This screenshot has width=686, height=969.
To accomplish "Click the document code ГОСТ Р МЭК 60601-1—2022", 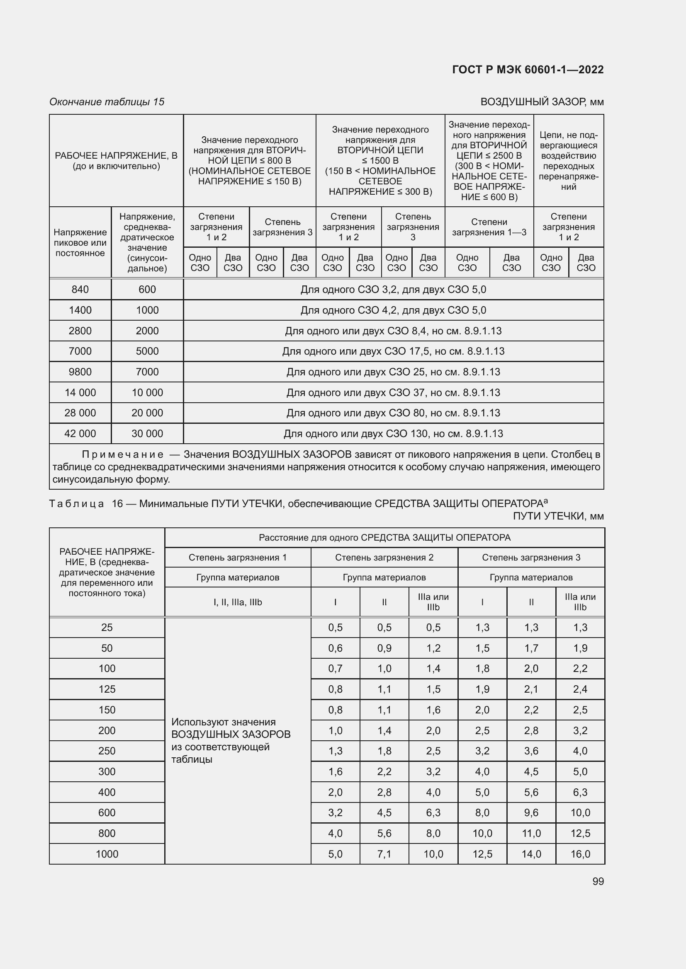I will [528, 70].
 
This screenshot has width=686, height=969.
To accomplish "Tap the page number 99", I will [598, 881].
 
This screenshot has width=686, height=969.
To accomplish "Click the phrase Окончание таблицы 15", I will [107, 102].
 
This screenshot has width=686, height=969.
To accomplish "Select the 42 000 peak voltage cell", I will [80, 433].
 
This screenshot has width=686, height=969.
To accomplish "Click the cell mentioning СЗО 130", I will [393, 433].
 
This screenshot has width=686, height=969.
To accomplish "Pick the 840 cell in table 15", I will [80, 290].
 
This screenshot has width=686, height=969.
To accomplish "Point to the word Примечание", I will [122, 454].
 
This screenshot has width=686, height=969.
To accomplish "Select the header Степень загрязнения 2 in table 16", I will [384, 558].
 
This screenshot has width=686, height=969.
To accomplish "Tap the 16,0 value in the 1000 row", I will [580, 854].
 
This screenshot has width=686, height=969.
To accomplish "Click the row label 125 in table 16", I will [107, 689].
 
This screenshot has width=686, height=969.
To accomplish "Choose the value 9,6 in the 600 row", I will [531, 813].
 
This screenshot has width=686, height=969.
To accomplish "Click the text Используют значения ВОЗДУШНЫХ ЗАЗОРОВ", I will [231, 728].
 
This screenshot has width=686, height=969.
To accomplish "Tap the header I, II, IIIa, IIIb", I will [238, 602].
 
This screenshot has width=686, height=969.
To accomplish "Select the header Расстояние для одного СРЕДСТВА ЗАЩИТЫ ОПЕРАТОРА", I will [384, 538].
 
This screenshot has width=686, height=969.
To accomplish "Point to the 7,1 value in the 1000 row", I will [384, 854].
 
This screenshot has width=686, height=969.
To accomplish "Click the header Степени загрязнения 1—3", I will [489, 227].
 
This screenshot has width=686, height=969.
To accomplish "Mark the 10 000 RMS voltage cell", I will [147, 392].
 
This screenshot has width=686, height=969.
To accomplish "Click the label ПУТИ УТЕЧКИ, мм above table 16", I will [558, 516].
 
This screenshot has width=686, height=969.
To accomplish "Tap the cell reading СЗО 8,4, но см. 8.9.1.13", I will [393, 331].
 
